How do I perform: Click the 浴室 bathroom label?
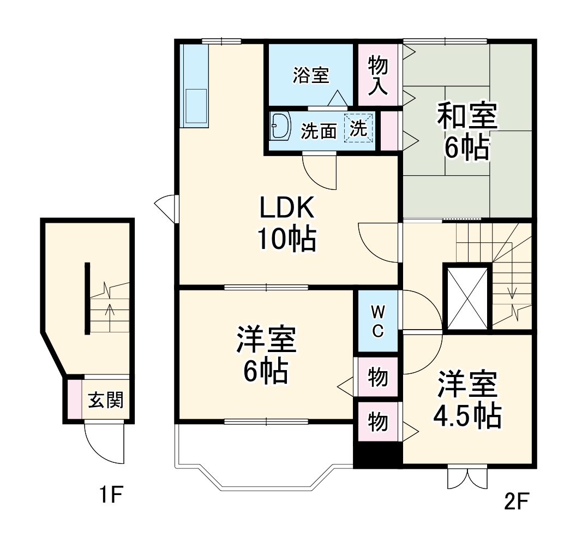click(x=311, y=75)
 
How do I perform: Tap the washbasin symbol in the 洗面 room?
click(x=281, y=127)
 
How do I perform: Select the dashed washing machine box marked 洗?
click(x=359, y=129)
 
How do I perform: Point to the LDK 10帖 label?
click(x=287, y=224)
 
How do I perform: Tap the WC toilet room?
click(x=378, y=321)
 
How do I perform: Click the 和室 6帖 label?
click(x=467, y=132)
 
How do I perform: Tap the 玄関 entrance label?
click(x=105, y=401)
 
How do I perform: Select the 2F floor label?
click(x=517, y=500)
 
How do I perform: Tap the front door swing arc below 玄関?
click(x=98, y=445)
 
